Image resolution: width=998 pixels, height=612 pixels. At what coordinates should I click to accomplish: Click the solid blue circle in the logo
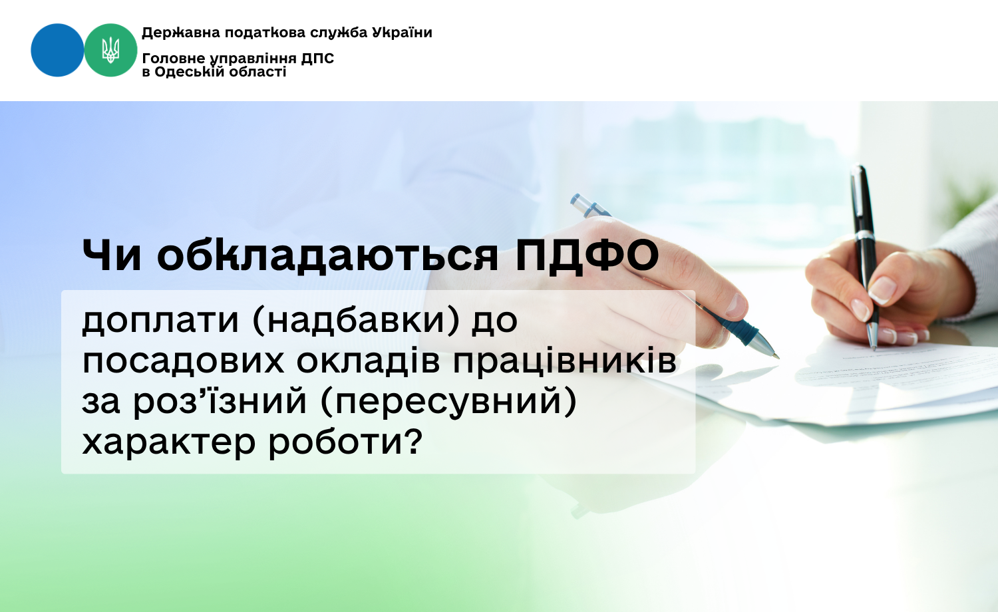pyautogui.click(x=57, y=50)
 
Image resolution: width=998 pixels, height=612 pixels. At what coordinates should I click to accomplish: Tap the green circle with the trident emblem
pyautogui.click(x=110, y=50)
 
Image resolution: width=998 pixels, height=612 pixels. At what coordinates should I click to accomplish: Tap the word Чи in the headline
pyautogui.click(x=112, y=255)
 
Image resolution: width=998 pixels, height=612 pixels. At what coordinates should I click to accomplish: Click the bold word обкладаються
pyautogui.click(x=327, y=255)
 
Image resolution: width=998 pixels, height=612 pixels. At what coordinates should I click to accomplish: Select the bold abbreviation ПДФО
pyautogui.click(x=587, y=255)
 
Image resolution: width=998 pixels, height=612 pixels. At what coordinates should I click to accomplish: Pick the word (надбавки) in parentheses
pyautogui.click(x=355, y=320)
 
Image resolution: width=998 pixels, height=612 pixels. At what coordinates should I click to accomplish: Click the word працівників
pyautogui.click(x=565, y=362)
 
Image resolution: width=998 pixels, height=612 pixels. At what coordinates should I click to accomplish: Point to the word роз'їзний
pyautogui.click(x=220, y=400)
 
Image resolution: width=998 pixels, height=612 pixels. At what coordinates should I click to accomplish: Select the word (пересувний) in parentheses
pyautogui.click(x=448, y=402)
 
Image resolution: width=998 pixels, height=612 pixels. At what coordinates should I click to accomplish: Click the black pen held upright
pyautogui.click(x=865, y=257)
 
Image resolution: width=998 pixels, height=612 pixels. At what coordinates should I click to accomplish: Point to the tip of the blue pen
pyautogui.click(x=777, y=357)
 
